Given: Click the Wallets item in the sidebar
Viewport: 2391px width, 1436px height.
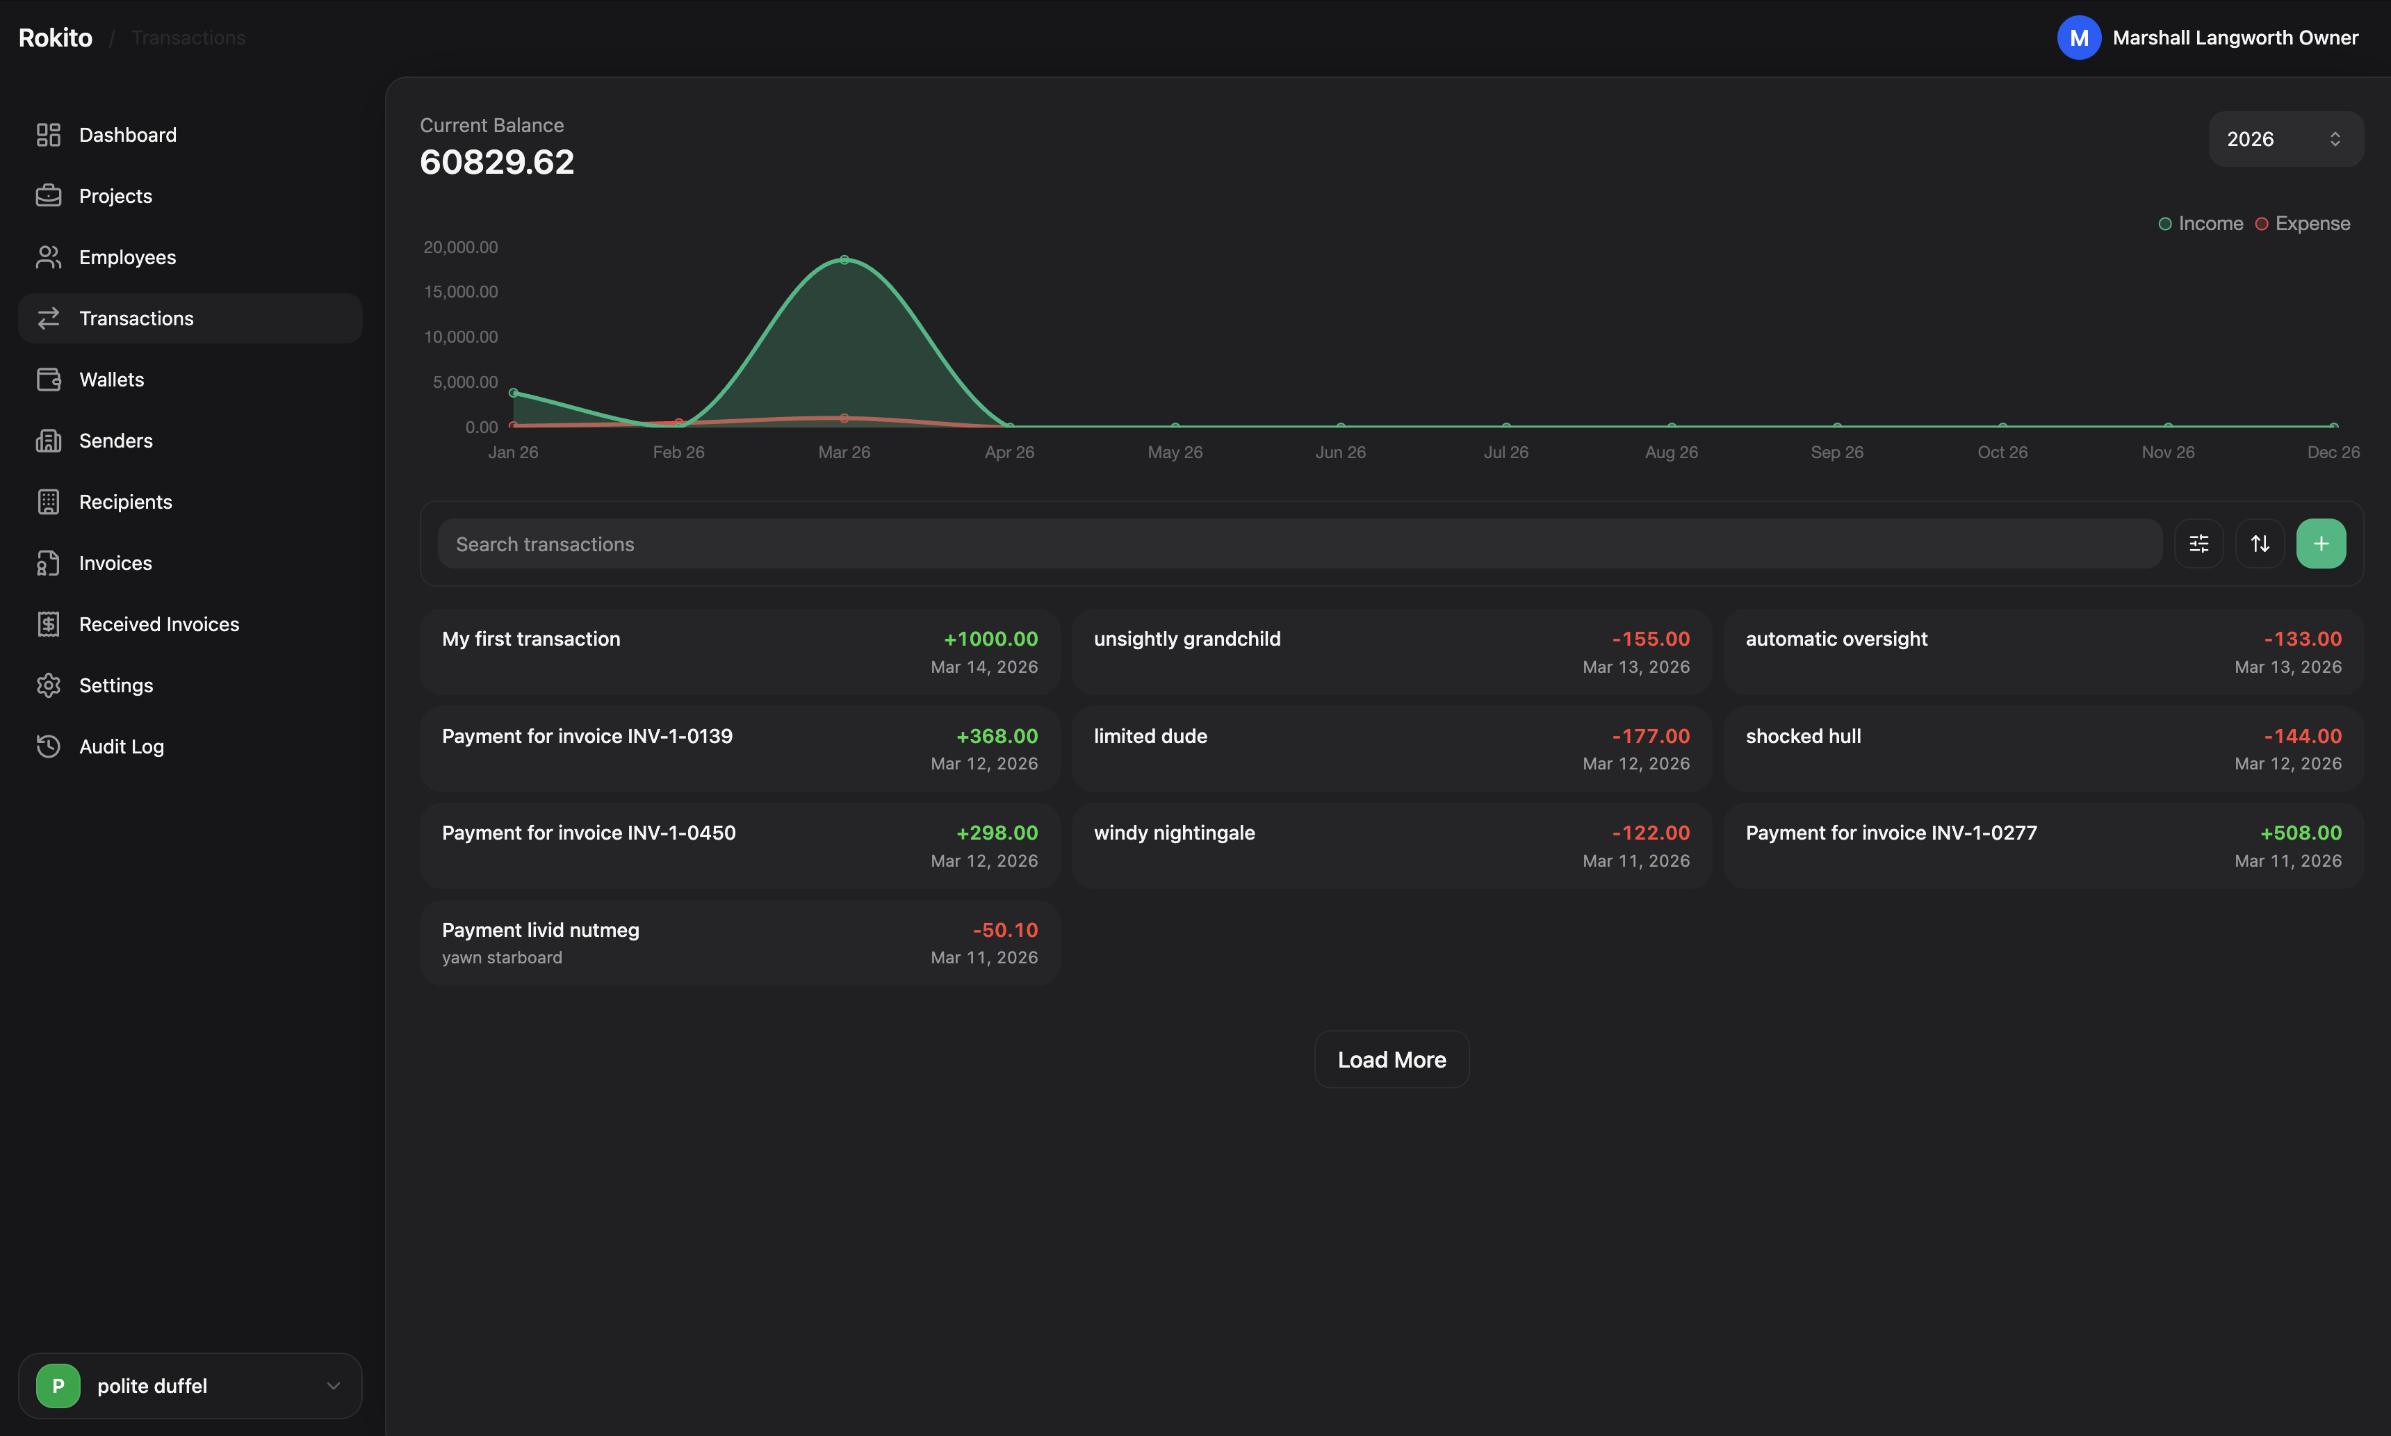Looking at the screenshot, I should (111, 380).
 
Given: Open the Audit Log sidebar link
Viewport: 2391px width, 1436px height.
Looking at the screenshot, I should (121, 746).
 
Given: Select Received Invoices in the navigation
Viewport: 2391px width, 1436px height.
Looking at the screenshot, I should (158, 624).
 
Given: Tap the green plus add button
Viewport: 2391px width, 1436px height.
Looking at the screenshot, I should (2320, 544).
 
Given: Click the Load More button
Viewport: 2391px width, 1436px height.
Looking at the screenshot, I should (1391, 1059).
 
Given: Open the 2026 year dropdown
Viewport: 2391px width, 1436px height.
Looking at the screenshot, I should (2285, 139).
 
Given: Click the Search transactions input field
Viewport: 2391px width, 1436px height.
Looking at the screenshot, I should (1298, 544).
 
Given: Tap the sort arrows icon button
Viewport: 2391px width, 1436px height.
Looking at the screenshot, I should (2260, 544).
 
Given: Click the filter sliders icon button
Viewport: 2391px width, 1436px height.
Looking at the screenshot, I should (2198, 544).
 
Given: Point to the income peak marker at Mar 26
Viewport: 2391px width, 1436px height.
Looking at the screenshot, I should (844, 259).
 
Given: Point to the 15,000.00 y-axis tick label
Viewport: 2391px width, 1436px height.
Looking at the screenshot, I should (461, 291).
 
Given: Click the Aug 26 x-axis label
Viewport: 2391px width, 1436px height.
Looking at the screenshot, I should (1671, 452).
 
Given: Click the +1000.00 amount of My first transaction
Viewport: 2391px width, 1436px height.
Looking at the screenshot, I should (990, 639).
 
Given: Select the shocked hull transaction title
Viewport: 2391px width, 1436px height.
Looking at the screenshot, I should (1803, 735).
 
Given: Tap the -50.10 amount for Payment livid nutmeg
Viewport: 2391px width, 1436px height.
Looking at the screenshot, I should (1004, 930).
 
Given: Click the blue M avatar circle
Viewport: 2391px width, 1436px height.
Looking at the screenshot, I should (2078, 38).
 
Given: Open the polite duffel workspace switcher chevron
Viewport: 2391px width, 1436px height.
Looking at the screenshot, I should (333, 1386).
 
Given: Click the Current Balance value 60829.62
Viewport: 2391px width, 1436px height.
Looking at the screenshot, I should (496, 161).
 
